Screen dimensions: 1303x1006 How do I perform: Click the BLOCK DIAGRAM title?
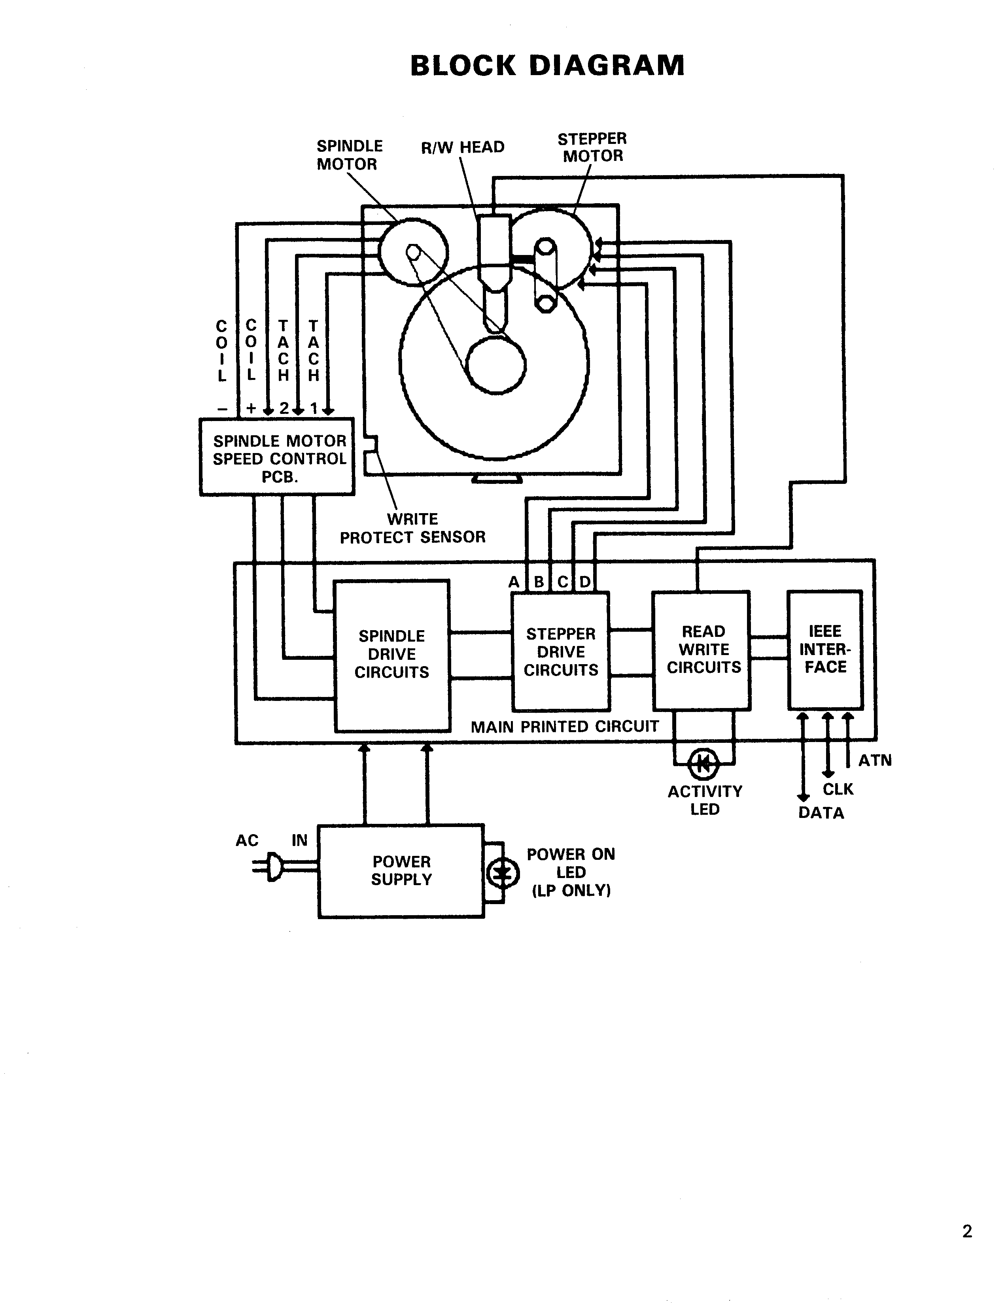pyautogui.click(x=547, y=66)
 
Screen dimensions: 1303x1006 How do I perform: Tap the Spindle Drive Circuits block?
pyautogui.click(x=392, y=655)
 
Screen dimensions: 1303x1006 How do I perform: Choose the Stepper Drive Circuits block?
pyautogui.click(x=561, y=651)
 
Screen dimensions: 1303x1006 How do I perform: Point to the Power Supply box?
pyautogui.click(x=401, y=871)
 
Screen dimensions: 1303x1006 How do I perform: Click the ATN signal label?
pyautogui.click(x=875, y=761)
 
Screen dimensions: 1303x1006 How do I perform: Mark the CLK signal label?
pyautogui.click(x=838, y=789)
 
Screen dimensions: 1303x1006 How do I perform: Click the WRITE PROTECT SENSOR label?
pyautogui.click(x=412, y=528)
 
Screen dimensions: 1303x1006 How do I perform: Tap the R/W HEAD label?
pyautogui.click(x=462, y=147)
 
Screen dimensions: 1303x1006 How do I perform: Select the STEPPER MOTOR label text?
pyautogui.click(x=592, y=147)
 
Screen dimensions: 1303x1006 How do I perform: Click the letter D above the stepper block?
pyautogui.click(x=585, y=582)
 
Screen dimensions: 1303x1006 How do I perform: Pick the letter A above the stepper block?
pyautogui.click(x=514, y=582)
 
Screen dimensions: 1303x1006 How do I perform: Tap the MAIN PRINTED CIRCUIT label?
pyautogui.click(x=564, y=727)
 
